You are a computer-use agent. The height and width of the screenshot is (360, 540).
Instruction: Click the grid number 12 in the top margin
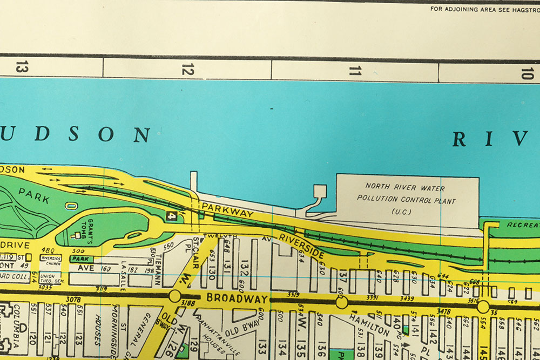187,69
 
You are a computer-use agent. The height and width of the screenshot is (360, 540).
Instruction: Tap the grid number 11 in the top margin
355,70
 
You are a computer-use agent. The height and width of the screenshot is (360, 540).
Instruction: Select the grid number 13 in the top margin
21,68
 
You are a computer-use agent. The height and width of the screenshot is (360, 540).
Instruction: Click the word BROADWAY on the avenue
237,297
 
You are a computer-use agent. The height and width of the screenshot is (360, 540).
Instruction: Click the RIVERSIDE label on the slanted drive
301,246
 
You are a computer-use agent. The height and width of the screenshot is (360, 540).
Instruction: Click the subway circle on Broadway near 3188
174,296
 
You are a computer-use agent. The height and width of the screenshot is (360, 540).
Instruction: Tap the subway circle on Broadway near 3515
483,307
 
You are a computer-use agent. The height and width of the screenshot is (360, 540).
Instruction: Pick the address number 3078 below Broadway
73,299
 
